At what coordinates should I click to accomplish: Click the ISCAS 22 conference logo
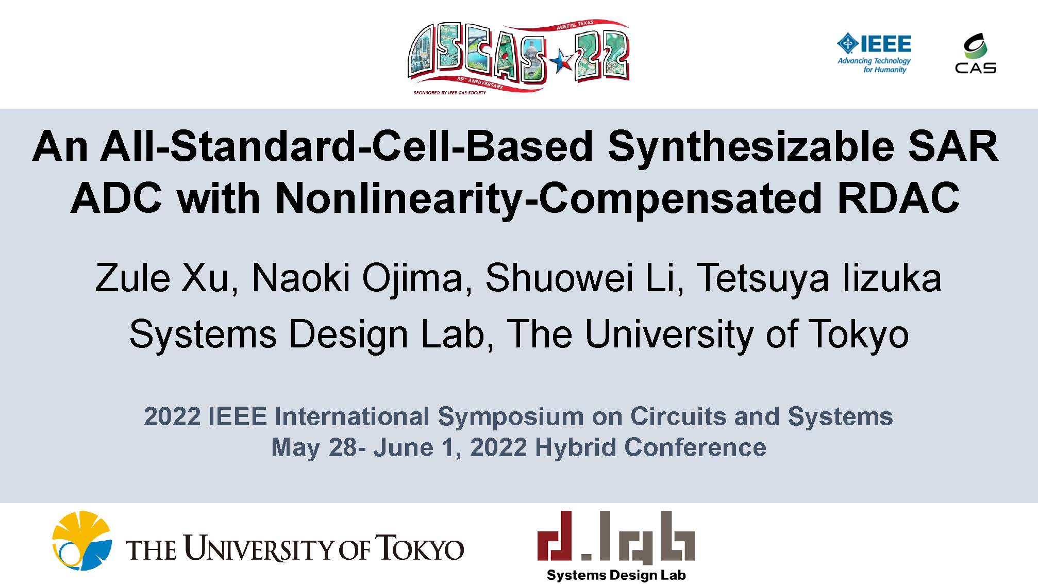[518, 57]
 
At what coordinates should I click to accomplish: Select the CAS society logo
[975, 53]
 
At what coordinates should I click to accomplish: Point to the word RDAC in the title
[898, 198]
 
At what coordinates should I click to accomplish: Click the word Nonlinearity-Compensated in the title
[548, 199]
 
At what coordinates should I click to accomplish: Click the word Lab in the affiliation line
[457, 334]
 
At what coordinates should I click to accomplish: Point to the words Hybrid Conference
[650, 447]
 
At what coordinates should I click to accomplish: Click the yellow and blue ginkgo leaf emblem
[81, 540]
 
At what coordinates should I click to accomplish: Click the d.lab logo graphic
[616, 537]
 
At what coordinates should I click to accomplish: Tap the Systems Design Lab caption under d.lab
[616, 575]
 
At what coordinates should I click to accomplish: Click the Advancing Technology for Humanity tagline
[874, 65]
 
